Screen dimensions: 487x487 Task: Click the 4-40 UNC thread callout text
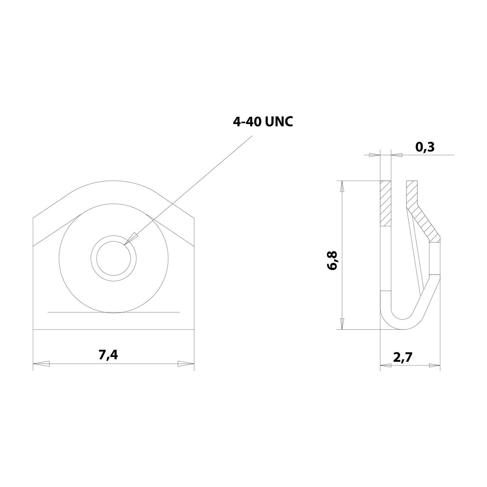263,122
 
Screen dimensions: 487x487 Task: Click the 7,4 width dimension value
108,355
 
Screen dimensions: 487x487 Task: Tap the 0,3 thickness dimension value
425,147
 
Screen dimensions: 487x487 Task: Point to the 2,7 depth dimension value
403,357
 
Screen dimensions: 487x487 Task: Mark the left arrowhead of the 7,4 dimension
41,364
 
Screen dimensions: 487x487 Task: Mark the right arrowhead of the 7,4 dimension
186,364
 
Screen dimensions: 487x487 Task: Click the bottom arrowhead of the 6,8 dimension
341,323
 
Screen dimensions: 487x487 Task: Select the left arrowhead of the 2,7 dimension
386,366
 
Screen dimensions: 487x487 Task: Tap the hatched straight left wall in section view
386,203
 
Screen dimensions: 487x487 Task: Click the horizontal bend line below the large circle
113,312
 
